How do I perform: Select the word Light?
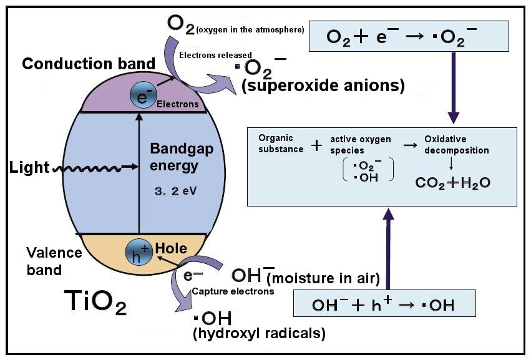(x=29, y=168)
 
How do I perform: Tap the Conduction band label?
(x=89, y=63)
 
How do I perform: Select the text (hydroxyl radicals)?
(x=259, y=334)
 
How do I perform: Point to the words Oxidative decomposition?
(x=456, y=145)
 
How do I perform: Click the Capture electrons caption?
(x=233, y=291)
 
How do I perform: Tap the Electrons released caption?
(x=215, y=55)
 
